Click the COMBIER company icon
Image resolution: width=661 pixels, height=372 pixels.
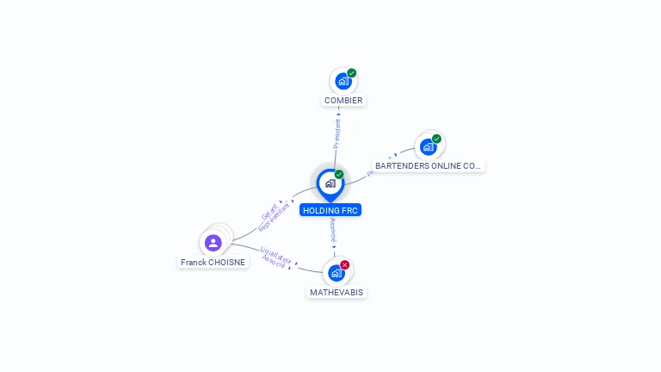343,82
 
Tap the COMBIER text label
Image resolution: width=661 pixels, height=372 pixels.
343,101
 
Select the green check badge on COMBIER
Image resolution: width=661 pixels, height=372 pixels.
352,73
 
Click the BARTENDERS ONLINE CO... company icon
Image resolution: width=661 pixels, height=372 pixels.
428,147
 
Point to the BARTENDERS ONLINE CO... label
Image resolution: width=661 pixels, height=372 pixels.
429,165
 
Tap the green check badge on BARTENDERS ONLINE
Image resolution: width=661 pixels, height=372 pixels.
436,139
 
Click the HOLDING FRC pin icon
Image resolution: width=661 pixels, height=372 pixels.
330,183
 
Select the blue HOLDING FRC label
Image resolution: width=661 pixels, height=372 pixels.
330,210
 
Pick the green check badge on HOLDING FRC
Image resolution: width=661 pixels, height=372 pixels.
339,175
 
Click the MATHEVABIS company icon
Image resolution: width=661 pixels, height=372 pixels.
336,273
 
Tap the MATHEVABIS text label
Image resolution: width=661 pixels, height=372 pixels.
337,293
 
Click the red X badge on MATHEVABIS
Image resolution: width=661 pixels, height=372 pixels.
345,264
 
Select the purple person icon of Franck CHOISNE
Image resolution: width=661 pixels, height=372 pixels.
213,243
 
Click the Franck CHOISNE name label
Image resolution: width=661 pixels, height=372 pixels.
213,262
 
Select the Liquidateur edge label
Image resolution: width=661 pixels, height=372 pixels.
276,254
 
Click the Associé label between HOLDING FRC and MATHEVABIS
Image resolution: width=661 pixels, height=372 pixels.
333,230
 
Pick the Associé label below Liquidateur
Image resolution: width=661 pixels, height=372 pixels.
274,262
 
